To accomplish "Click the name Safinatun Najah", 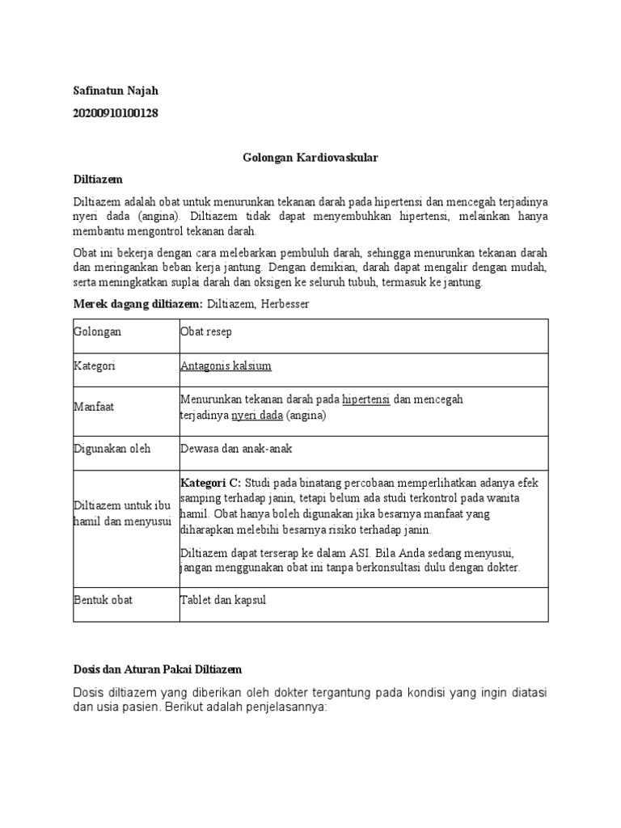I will click(x=116, y=90).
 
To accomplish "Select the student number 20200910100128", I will click(x=116, y=113).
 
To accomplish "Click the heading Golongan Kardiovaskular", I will click(x=310, y=158).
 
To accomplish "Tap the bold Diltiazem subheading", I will click(x=98, y=179).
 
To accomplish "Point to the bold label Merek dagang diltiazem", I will click(x=138, y=303).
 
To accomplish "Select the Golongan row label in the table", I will click(x=97, y=332).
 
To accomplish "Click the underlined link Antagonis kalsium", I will click(x=226, y=365).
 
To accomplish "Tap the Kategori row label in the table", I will click(x=95, y=365).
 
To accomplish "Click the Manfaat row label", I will click(x=94, y=407).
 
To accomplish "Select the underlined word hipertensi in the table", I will click(x=366, y=399).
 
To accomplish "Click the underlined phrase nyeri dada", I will click(x=257, y=415).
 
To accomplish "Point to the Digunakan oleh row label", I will click(x=112, y=448).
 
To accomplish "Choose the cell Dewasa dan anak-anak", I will click(x=236, y=448).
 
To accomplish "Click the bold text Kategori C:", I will click(x=211, y=483).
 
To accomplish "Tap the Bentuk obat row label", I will click(x=103, y=600).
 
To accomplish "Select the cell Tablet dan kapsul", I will click(x=223, y=600).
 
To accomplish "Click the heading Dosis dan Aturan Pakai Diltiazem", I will click(x=158, y=670).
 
